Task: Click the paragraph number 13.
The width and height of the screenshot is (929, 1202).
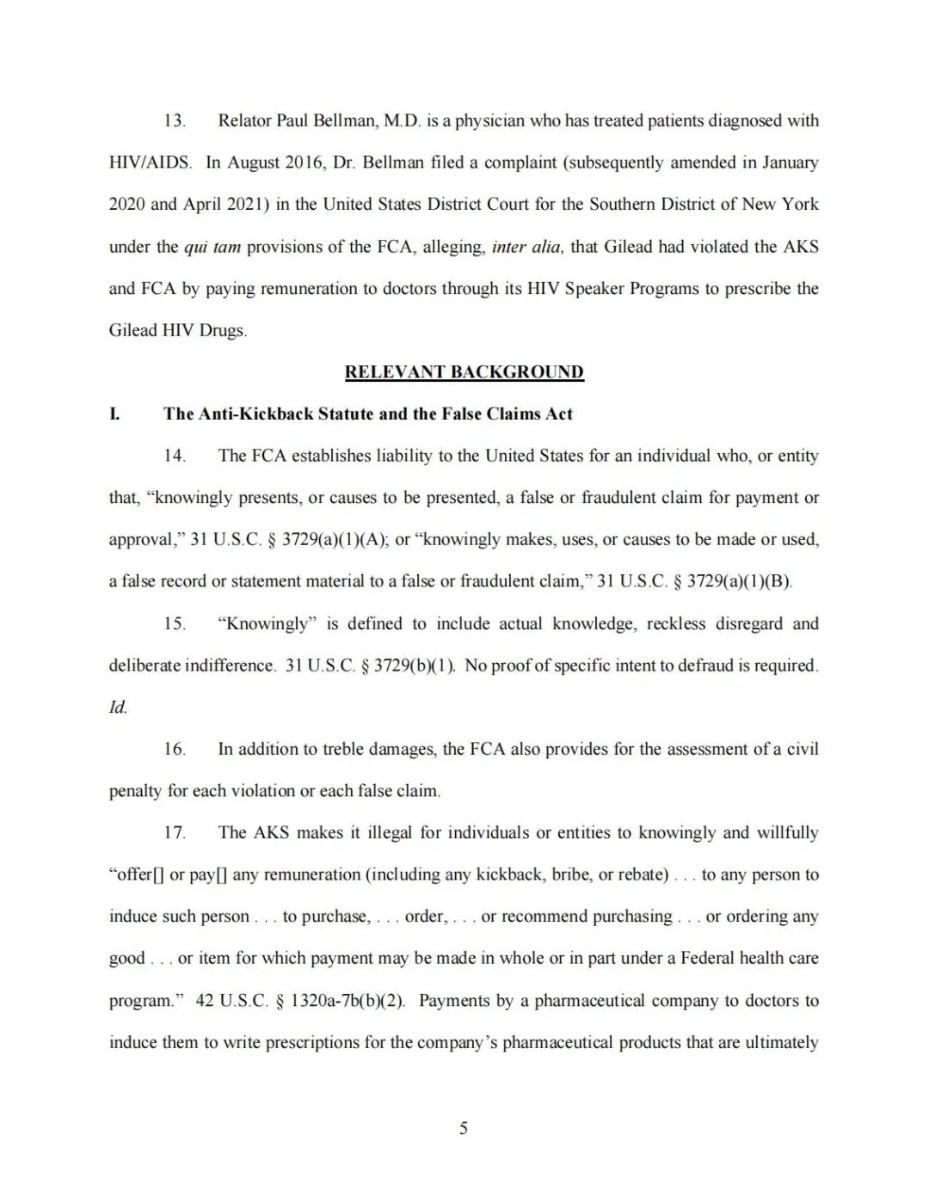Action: (175, 120)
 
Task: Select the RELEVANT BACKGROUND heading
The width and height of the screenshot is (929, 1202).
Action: (464, 371)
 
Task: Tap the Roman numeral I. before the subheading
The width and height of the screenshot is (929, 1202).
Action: (114, 414)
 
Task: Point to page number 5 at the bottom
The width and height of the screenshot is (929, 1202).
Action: (464, 1128)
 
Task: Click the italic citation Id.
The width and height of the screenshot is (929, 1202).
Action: (118, 707)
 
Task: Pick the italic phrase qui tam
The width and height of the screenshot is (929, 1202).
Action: (212, 247)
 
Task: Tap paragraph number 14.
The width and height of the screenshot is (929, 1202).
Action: (175, 456)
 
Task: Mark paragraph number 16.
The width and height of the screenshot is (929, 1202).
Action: (175, 749)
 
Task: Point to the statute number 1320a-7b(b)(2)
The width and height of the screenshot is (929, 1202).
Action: (348, 1000)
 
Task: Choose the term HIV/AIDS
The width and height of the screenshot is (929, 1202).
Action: (150, 163)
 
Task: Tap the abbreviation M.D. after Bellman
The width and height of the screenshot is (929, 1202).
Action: (402, 120)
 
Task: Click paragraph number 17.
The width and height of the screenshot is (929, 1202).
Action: (175, 832)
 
